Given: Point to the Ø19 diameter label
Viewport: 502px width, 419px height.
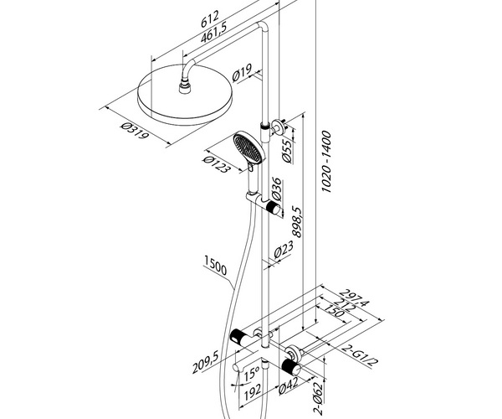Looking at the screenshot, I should (243, 77).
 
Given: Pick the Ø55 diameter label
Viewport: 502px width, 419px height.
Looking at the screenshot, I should (287, 153).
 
